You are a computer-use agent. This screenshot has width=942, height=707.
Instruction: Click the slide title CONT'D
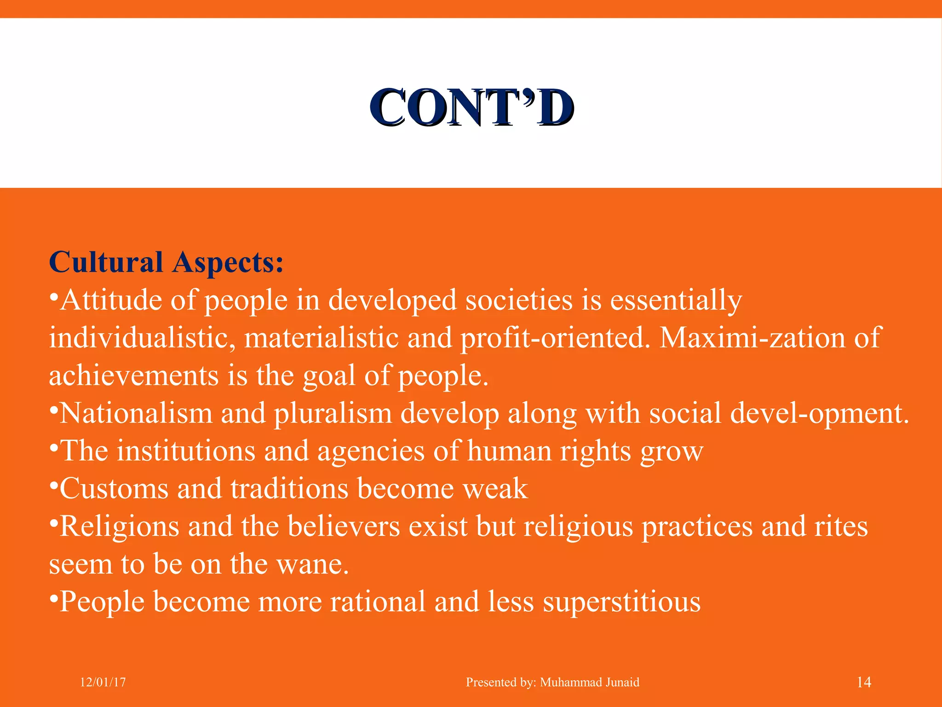(x=472, y=108)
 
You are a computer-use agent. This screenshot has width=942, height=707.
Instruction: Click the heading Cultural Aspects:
(x=166, y=263)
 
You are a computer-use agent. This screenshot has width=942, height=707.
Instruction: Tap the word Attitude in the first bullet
(x=111, y=301)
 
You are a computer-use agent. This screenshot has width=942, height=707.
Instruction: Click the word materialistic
(x=321, y=338)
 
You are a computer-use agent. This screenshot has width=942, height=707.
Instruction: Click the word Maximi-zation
(x=752, y=338)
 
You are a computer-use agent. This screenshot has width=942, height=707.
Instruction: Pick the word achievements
(x=133, y=376)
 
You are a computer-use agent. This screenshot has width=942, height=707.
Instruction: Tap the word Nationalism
(x=136, y=413)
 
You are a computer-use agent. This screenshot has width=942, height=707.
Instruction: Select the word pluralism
(x=333, y=413)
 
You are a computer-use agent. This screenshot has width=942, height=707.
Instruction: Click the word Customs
(x=114, y=489)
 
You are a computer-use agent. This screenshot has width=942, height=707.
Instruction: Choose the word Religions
(x=119, y=527)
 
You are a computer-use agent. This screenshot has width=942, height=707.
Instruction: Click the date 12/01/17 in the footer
(x=103, y=682)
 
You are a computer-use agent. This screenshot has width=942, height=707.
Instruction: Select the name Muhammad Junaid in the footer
(x=590, y=682)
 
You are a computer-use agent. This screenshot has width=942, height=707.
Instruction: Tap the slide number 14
(x=864, y=682)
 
